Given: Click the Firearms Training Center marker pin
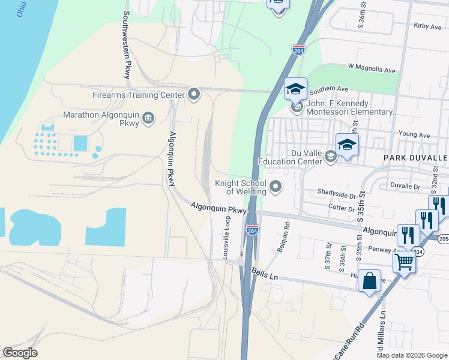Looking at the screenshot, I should point(193,94).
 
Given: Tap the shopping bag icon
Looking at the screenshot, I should point(369,280).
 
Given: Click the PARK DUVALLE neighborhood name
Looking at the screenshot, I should point(415,157).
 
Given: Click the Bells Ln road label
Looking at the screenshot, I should point(264,273).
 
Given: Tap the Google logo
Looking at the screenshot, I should point(20,353).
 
